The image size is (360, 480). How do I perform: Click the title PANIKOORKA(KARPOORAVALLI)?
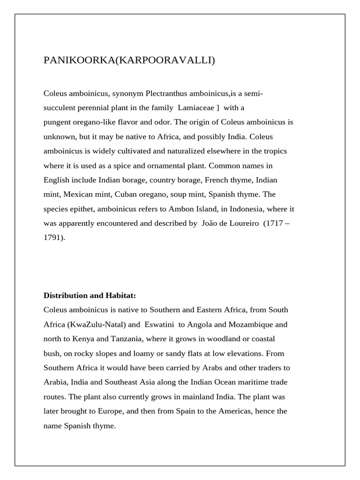(129, 60)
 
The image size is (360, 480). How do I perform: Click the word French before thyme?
(225, 180)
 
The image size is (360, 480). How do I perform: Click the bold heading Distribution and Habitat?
(89, 295)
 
